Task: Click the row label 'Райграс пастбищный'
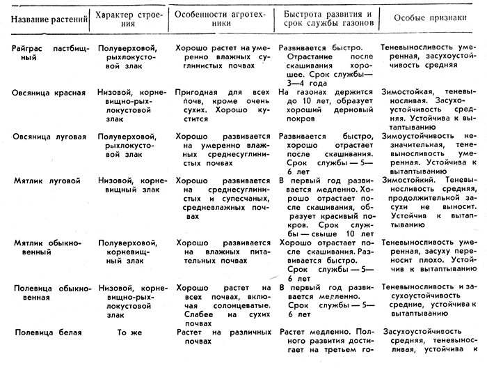(x=45, y=53)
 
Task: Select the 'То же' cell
(x=129, y=332)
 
